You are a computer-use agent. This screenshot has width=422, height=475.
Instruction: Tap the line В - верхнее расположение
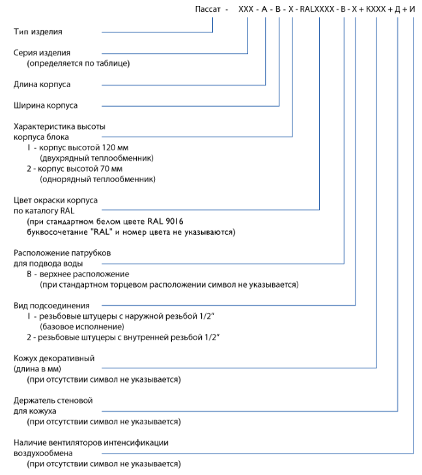coord(77,275)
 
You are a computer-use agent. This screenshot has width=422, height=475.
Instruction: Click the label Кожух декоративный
coord(54,359)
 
